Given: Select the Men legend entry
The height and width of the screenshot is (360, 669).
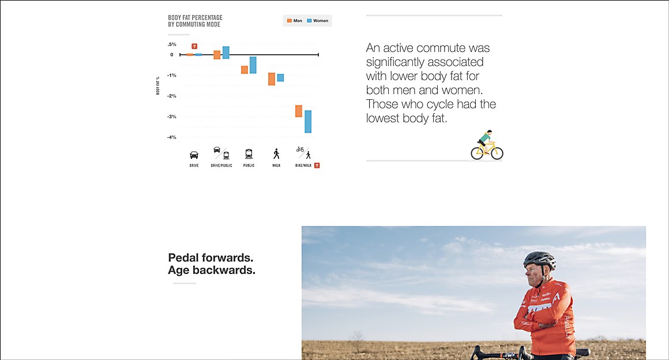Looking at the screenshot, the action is (294, 21).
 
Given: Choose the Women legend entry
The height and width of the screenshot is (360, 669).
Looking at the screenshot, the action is (317, 21).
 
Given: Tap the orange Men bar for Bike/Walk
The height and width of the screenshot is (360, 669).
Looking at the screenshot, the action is (299, 111).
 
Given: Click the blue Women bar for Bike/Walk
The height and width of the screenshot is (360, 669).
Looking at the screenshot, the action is (308, 122).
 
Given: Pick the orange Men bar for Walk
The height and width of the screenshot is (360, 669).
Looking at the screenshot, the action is (272, 79).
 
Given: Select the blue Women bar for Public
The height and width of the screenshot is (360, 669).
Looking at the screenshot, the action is (253, 65).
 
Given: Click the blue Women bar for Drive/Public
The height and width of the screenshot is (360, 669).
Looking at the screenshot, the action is (225, 52).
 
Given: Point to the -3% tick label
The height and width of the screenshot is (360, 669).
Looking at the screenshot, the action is (171, 117).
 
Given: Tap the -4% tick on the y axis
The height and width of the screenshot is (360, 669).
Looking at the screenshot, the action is (171, 137).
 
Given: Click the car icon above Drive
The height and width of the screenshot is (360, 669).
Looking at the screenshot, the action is (194, 155).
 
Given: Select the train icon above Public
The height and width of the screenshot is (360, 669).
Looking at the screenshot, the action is (249, 153).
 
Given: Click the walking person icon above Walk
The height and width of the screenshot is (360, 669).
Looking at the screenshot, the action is (276, 153).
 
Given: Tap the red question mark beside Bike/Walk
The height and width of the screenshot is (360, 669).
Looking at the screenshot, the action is (317, 165).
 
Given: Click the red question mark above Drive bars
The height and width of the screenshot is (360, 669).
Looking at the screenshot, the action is (194, 46).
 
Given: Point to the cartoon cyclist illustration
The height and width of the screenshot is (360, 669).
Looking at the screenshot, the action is (487, 145).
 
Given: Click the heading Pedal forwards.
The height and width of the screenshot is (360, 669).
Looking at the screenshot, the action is (211, 257).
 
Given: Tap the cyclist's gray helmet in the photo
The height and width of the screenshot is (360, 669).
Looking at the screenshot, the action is (539, 259).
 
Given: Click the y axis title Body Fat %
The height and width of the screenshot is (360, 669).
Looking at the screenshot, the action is (158, 85).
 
